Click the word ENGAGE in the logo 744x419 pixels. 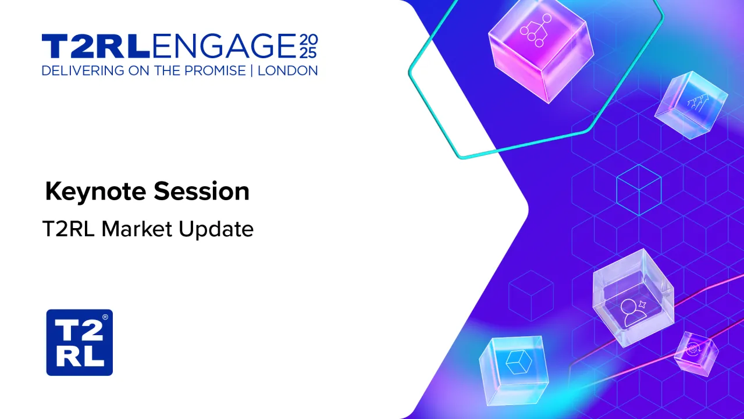pyautogui.click(x=224, y=45)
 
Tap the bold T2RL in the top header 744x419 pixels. pyautogui.click(x=95, y=46)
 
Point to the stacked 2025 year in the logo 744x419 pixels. pyautogui.click(x=308, y=46)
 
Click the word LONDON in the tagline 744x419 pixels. pyautogui.click(x=287, y=71)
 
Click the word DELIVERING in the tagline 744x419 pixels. pyautogui.click(x=83, y=71)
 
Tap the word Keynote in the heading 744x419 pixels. pyautogui.click(x=95, y=192)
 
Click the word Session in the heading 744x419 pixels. pyautogui.click(x=201, y=191)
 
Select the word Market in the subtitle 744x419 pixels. pyautogui.click(x=137, y=229)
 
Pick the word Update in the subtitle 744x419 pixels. pyautogui.click(x=216, y=230)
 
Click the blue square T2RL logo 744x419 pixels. pyautogui.click(x=79, y=343)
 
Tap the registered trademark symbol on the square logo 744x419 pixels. pyautogui.click(x=105, y=317)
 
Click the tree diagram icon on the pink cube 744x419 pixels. pyautogui.click(x=535, y=30)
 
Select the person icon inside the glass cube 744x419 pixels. pyautogui.click(x=633, y=313)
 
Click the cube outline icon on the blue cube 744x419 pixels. pyautogui.click(x=518, y=362)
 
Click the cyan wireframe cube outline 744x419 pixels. pyautogui.click(x=639, y=190)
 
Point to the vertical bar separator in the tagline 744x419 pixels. pyautogui.click(x=252, y=71)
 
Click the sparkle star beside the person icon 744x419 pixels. pyautogui.click(x=642, y=304)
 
